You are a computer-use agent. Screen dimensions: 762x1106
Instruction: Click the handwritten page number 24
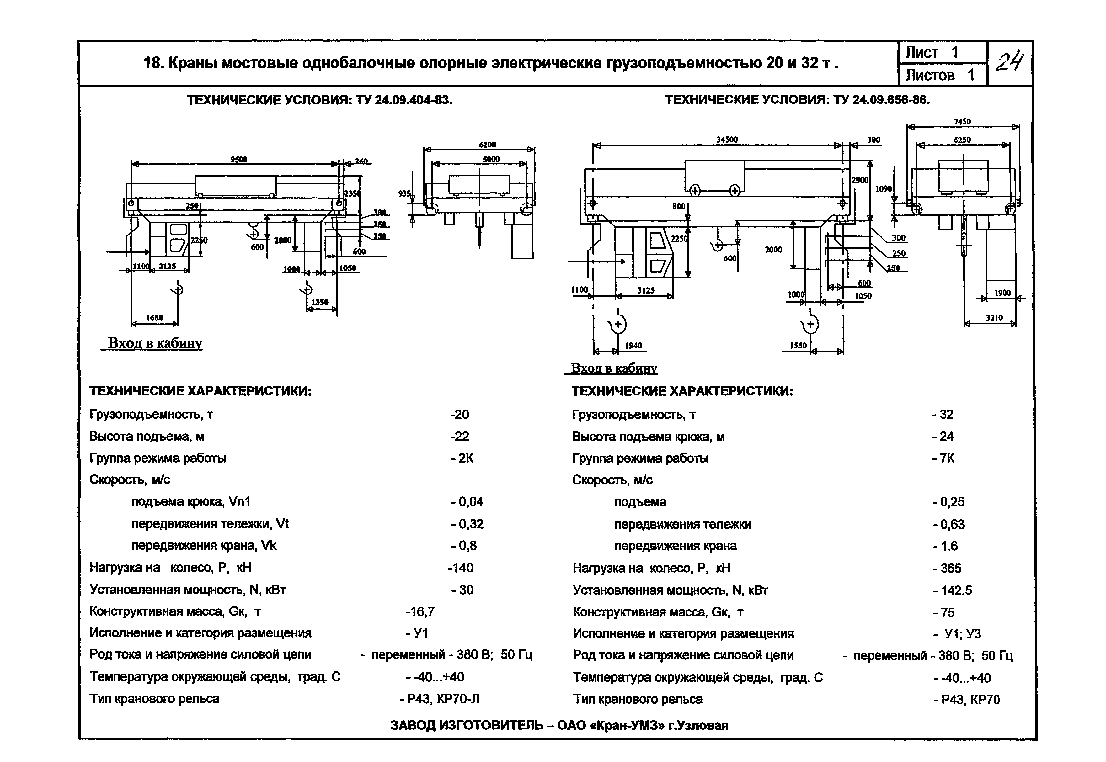point(1009,62)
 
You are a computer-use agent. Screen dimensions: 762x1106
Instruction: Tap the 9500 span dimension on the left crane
point(239,160)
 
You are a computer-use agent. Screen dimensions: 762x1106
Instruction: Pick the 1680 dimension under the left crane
point(154,317)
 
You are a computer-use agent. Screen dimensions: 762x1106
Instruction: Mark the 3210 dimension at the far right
point(994,317)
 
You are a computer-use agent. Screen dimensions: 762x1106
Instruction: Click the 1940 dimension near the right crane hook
point(633,346)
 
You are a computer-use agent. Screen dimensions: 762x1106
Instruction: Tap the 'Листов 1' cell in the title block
point(940,75)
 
